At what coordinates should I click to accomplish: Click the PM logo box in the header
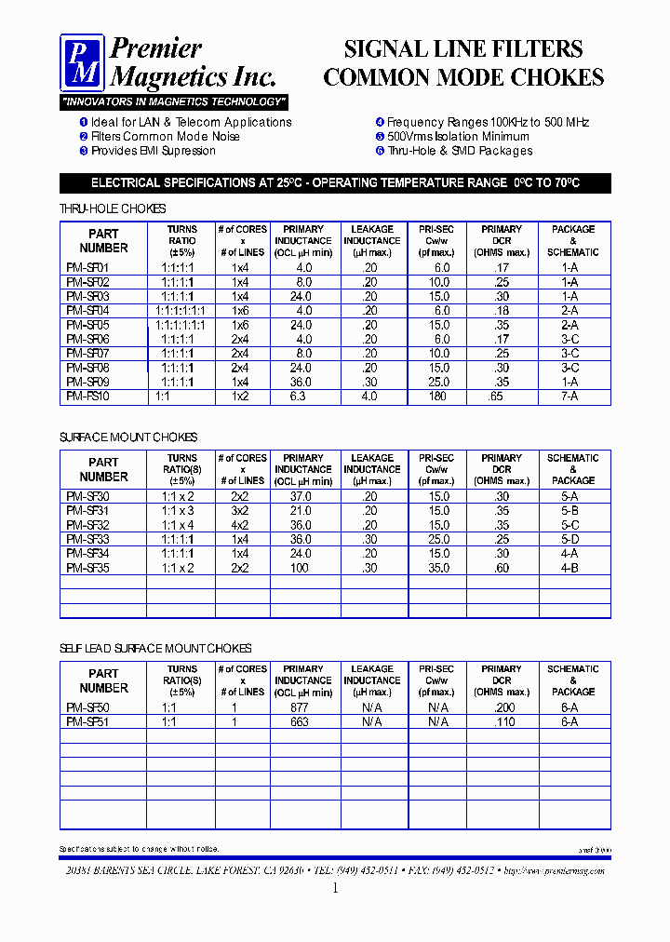coord(83,62)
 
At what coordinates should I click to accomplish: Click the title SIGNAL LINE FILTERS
coord(463,48)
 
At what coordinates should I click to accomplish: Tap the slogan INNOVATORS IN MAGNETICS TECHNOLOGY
coord(174,101)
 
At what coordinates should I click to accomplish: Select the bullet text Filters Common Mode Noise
coord(165,136)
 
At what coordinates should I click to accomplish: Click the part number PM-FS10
coord(87,397)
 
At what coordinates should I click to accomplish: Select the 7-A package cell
coord(569,397)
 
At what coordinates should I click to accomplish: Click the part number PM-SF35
coord(87,568)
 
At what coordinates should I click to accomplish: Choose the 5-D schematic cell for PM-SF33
coord(569,539)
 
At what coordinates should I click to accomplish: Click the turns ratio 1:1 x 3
coord(177,511)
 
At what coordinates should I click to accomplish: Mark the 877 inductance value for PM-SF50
coord(301,707)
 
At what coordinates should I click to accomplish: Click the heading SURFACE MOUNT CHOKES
coord(128,437)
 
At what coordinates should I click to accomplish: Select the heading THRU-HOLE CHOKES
coord(113,209)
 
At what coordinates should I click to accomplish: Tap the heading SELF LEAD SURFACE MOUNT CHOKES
coord(155,649)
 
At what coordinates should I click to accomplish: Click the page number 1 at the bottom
coord(335,888)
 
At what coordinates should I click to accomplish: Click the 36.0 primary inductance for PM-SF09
coord(301,382)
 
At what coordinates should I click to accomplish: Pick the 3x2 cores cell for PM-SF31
coord(240,511)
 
